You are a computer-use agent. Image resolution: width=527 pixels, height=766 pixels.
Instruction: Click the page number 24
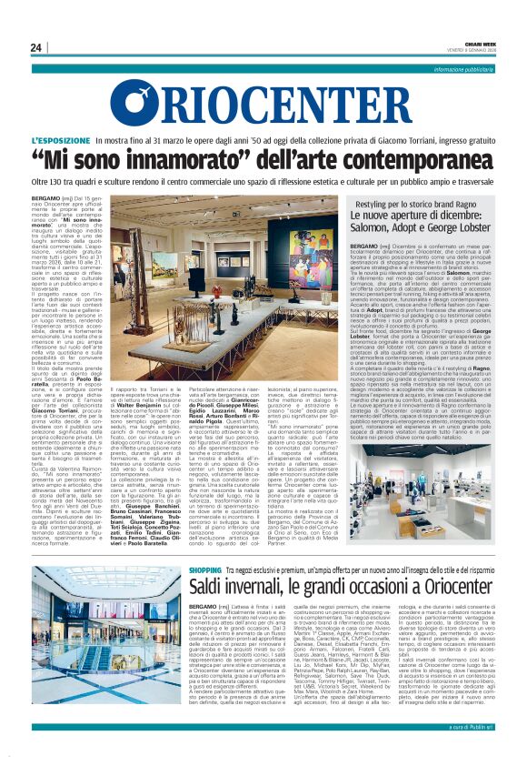pos(36,47)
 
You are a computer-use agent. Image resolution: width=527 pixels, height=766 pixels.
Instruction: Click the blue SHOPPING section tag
pos(205,544)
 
